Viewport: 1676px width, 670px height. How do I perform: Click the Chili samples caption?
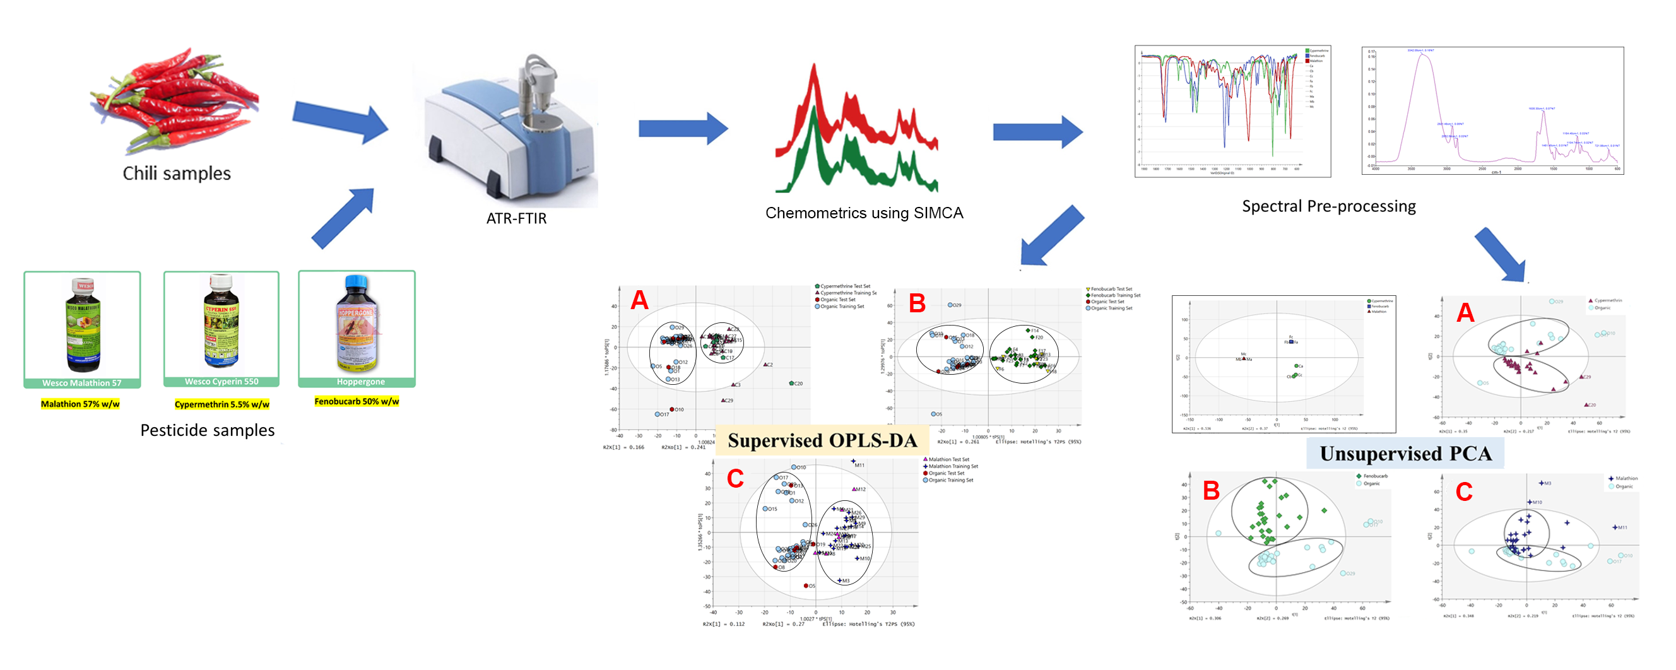176,173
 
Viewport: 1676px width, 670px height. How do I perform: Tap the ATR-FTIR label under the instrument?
516,218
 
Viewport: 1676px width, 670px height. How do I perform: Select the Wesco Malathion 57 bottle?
82,326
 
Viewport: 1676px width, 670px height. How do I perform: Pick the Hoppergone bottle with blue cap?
357,323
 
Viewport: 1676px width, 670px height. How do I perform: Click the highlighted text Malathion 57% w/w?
80,404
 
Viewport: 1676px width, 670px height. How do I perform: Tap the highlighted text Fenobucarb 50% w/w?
357,401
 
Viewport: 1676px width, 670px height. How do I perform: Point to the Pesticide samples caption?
208,430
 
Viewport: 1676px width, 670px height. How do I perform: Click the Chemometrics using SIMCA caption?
863,213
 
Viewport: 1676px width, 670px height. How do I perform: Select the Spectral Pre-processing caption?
1328,206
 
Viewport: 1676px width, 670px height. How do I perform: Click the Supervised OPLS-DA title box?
822,440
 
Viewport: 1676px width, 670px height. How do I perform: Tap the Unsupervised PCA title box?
1405,454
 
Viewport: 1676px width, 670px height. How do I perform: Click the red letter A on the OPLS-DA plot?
640,300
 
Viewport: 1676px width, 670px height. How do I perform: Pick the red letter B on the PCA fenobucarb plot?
1211,490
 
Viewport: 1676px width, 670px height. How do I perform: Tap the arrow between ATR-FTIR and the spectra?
683,128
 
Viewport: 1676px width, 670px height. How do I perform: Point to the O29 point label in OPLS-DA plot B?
957,305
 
